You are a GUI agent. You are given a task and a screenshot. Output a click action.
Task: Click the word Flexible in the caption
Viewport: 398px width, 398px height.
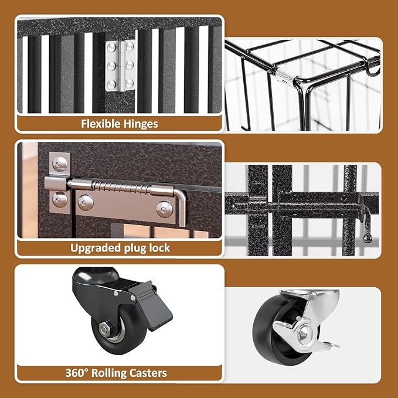pos(98,124)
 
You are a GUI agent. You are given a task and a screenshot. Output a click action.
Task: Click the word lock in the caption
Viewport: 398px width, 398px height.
pos(159,248)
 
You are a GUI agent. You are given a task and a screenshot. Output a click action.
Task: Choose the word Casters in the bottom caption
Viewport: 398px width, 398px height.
pos(148,373)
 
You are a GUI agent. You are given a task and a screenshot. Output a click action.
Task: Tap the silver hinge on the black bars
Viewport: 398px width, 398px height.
pos(120,65)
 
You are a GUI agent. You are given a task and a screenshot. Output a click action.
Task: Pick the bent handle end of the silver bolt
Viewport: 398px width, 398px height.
pos(182,208)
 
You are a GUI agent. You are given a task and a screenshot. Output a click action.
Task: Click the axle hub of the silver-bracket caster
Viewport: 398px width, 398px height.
pos(305,335)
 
